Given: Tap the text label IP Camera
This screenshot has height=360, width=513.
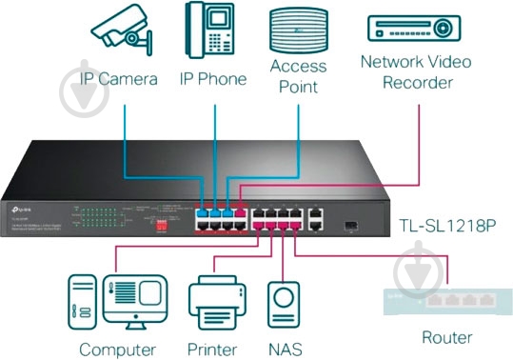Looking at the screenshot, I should tap(119, 78).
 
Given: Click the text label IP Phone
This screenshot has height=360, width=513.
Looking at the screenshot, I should tap(213, 78).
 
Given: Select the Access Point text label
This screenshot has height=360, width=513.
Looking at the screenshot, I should tap(299, 76).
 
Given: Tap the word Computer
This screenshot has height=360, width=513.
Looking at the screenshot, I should tap(118, 348).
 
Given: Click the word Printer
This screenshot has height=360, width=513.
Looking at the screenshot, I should tap(213, 348).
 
